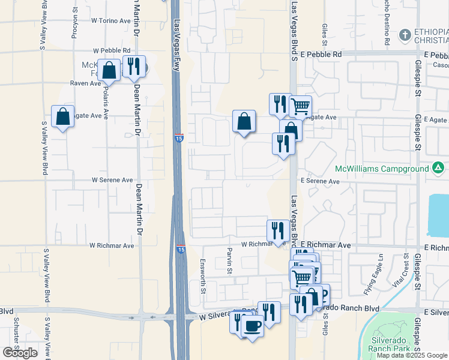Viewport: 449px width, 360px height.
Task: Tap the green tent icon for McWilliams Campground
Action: pos(438,168)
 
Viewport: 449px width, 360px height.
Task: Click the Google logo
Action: pos(20,353)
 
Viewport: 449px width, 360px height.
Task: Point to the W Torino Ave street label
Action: pos(110,20)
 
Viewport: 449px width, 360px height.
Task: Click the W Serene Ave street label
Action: pos(112,179)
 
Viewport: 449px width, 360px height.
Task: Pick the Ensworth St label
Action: pos(203,279)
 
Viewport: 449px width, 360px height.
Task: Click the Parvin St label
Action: pos(229,260)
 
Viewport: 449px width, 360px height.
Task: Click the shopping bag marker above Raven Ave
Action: pos(110,70)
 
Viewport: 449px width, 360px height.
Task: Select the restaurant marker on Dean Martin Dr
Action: pos(133,66)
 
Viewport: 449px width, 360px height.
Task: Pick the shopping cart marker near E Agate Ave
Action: pos(300,106)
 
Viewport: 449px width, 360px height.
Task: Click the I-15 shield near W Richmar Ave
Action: pos(181,248)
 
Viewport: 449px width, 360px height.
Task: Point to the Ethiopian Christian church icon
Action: pos(406,35)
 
